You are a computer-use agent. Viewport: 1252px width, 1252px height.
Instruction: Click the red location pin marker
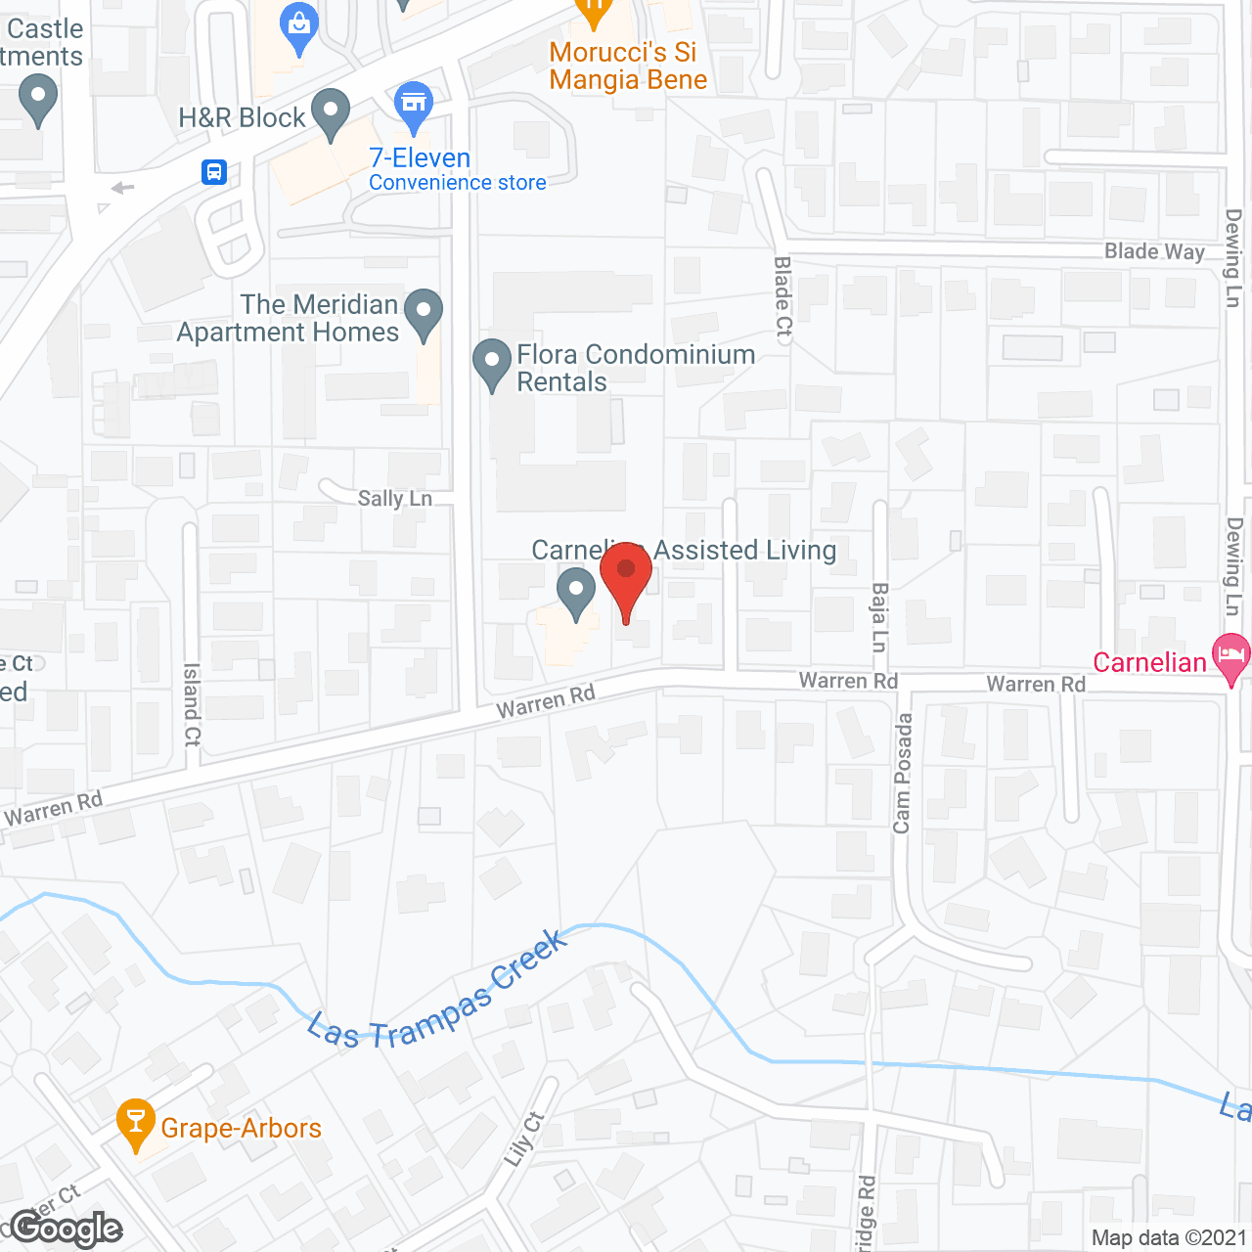tap(625, 572)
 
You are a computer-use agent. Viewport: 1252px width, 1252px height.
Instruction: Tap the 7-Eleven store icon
tap(414, 104)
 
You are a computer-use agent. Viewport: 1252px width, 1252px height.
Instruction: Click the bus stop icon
tap(214, 173)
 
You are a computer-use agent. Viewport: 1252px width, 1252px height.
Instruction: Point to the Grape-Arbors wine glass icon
tap(135, 1122)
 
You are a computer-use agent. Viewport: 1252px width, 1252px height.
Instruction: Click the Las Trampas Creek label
tap(436, 993)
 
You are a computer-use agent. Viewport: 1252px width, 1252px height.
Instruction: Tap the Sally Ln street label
tap(394, 499)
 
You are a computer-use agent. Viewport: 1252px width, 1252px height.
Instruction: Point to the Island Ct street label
tap(192, 704)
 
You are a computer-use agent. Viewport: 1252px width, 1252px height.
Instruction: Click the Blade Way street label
tap(1154, 251)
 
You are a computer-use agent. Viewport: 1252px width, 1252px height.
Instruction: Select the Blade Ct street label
tap(782, 297)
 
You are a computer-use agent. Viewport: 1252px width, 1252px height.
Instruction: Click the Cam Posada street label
tap(902, 774)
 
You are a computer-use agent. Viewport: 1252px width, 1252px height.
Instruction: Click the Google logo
tap(67, 1228)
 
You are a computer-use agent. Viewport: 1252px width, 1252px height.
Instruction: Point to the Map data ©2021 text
tap(1169, 1237)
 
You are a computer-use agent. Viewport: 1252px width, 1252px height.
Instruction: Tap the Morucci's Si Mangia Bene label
tap(628, 67)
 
